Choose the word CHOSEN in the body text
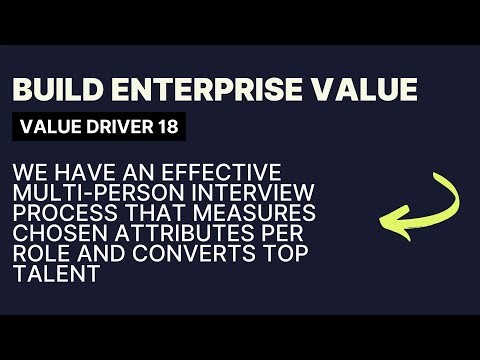[x=55, y=235]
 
